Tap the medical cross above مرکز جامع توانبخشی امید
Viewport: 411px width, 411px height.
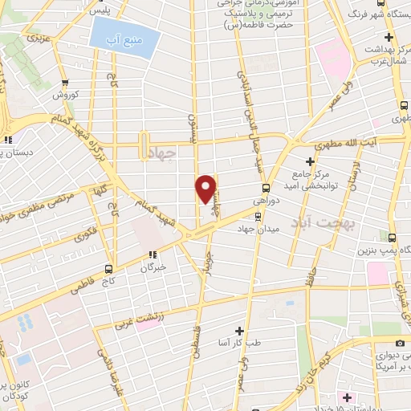pos(310,162)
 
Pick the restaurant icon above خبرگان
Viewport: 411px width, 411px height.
pos(149,255)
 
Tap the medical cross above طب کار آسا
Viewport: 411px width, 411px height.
pos(238,331)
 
